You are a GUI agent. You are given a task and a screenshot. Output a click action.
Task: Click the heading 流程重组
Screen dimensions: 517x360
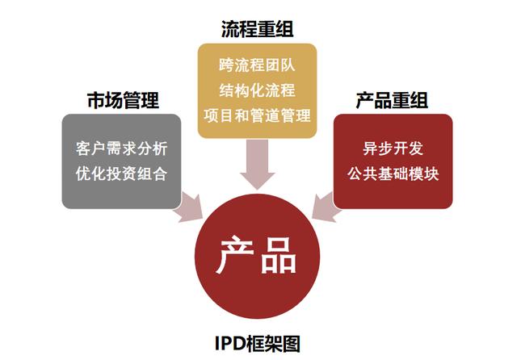pyautogui.click(x=257, y=29)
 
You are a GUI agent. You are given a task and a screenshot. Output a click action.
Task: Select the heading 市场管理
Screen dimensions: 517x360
pyautogui.click(x=123, y=100)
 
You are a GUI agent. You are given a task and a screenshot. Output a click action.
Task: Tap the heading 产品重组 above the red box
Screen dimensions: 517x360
pyautogui.click(x=392, y=100)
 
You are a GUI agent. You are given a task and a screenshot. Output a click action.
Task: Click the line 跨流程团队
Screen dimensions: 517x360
pyautogui.click(x=257, y=65)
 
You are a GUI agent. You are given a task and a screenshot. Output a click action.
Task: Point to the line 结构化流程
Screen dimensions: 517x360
pyautogui.click(x=257, y=90)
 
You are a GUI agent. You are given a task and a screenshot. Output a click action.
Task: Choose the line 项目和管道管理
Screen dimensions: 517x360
pyautogui.click(x=257, y=115)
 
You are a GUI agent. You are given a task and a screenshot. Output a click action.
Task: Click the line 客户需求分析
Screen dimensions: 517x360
pyautogui.click(x=122, y=149)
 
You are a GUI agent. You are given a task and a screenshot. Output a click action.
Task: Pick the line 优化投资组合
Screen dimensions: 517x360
pyautogui.click(x=122, y=174)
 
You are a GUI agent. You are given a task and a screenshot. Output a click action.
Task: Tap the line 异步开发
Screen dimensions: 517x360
pyautogui.click(x=393, y=149)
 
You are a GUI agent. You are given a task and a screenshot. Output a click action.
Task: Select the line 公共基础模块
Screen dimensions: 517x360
pyautogui.click(x=393, y=174)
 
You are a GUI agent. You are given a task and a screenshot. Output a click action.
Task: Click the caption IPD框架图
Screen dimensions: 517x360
pyautogui.click(x=258, y=344)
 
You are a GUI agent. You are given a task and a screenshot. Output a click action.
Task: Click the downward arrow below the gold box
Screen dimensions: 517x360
pyautogui.click(x=258, y=165)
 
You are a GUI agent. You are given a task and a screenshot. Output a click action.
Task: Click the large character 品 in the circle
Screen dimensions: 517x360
pyautogui.click(x=278, y=256)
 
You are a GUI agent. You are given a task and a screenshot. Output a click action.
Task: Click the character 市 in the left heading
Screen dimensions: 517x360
pyautogui.click(x=96, y=100)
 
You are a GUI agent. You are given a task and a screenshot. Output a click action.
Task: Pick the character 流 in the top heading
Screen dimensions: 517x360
pyautogui.click(x=229, y=29)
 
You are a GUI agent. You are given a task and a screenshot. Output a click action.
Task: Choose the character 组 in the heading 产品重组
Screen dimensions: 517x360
pyautogui.click(x=419, y=100)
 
